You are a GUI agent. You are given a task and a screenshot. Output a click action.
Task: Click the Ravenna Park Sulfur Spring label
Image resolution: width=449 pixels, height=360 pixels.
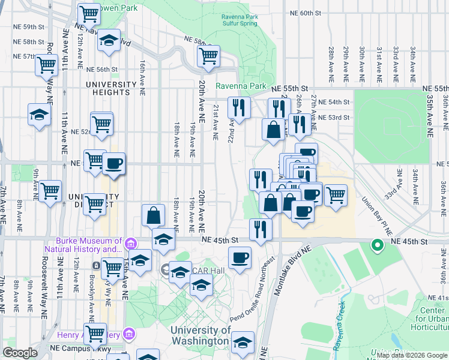[239, 19]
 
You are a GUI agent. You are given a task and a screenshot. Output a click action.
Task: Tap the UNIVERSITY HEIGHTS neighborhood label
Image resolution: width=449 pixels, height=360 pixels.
[107, 88]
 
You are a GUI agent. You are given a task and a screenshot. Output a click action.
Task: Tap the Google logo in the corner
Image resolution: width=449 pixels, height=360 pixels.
[20, 353]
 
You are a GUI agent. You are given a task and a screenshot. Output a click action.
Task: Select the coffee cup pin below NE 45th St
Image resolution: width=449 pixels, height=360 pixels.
[240, 258]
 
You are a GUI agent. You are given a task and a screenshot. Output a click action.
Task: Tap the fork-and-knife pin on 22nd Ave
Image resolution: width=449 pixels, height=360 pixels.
[239, 108]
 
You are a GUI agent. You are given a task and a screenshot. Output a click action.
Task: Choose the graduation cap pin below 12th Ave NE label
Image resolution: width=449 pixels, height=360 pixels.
[108, 40]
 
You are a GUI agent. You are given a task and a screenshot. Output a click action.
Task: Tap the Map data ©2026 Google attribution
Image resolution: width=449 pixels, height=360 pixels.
[412, 355]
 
